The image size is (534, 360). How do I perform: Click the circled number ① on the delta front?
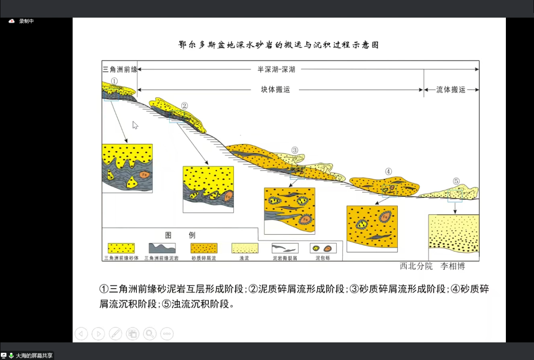[114, 81]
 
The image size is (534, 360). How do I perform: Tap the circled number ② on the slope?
[184, 106]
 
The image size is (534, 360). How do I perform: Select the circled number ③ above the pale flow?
[295, 150]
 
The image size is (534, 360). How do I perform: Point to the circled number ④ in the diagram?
[388, 172]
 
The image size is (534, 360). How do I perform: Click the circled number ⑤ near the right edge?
[456, 181]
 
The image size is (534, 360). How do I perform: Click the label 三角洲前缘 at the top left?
[120, 70]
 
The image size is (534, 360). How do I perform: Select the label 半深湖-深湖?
[276, 70]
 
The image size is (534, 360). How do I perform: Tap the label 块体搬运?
[275, 90]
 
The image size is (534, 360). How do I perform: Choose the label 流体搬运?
[451, 90]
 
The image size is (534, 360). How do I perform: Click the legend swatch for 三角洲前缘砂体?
[121, 248]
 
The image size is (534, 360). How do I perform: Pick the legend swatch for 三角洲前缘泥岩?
[162, 248]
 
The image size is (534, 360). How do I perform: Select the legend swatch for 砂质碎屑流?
[204, 248]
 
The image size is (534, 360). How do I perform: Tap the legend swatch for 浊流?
[245, 248]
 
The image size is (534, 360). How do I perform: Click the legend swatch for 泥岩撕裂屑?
[285, 248]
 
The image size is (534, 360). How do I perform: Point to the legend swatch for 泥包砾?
[323, 248]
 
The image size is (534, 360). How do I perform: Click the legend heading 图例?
[180, 235]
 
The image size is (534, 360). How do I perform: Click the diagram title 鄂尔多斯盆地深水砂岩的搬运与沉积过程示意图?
[279, 45]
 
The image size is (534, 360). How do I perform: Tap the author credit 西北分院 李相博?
[432, 266]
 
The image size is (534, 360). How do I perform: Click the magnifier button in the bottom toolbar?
[150, 334]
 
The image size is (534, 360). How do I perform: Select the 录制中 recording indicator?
[21, 21]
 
